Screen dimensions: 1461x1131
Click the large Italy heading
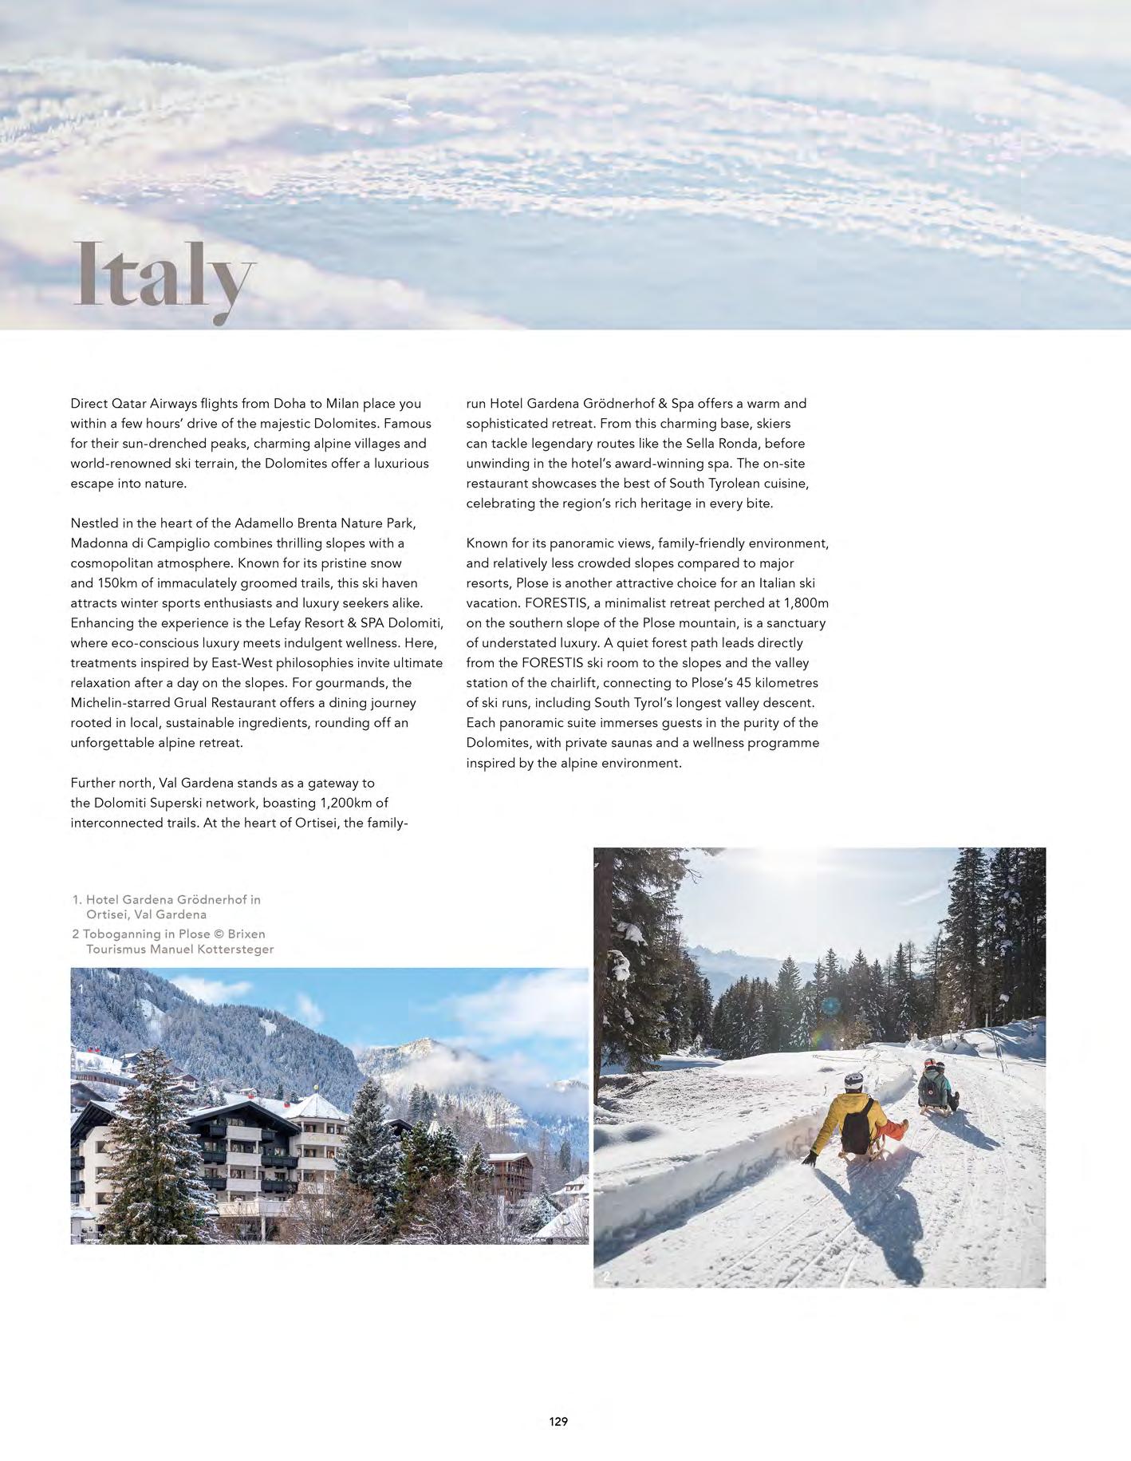click(164, 277)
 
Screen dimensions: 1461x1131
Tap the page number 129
click(558, 1421)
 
